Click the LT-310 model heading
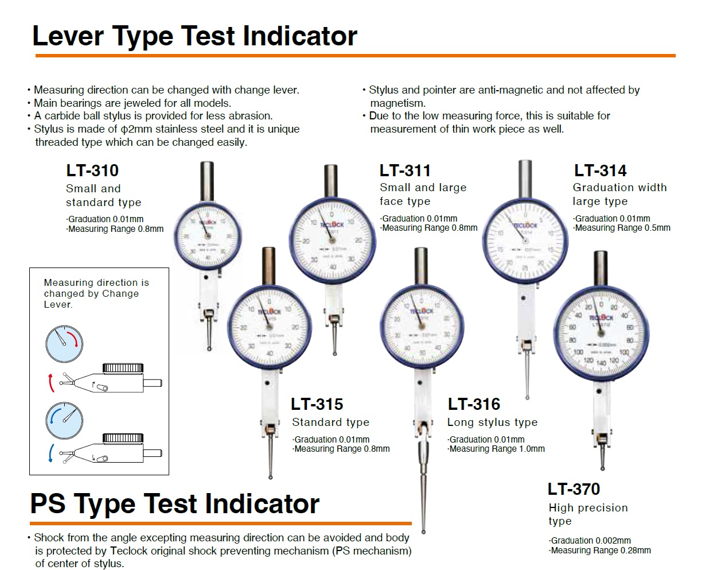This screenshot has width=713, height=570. [x=92, y=170]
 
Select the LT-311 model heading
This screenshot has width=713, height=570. [x=405, y=170]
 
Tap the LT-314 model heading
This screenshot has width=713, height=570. [x=600, y=170]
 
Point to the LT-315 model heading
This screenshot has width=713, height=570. [x=317, y=404]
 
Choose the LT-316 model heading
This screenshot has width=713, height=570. [x=474, y=404]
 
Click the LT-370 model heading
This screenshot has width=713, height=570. [x=574, y=489]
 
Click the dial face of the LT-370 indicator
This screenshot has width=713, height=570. [x=601, y=333]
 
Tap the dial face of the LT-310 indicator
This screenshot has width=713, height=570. [x=207, y=236]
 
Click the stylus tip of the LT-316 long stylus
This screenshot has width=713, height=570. [x=423, y=530]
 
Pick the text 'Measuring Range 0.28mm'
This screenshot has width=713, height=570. [x=600, y=550]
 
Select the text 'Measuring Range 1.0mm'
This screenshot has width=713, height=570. [x=496, y=449]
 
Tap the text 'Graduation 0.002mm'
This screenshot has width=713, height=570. [x=590, y=541]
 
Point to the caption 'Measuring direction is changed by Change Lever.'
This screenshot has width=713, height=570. [x=96, y=293]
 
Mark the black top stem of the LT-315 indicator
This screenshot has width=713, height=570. [x=268, y=265]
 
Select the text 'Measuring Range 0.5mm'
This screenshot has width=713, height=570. [x=622, y=228]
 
